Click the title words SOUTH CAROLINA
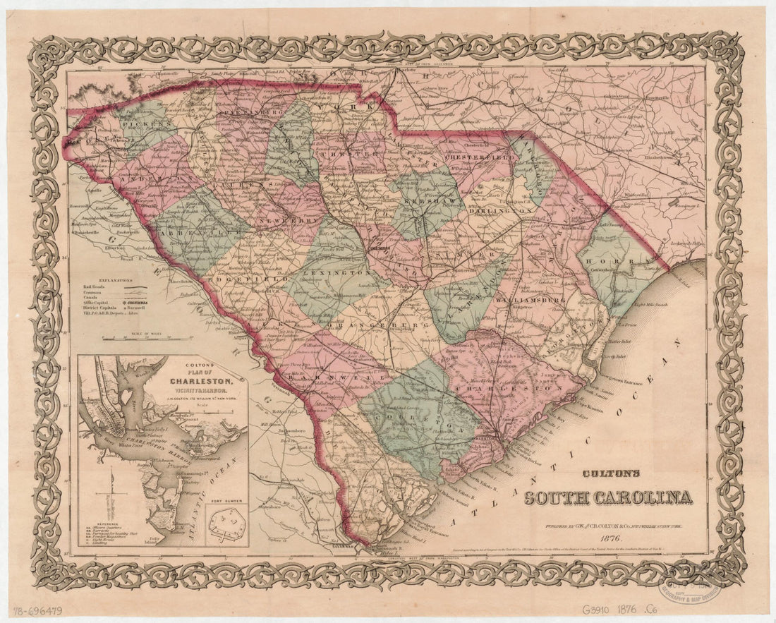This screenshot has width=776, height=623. point(607,498)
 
